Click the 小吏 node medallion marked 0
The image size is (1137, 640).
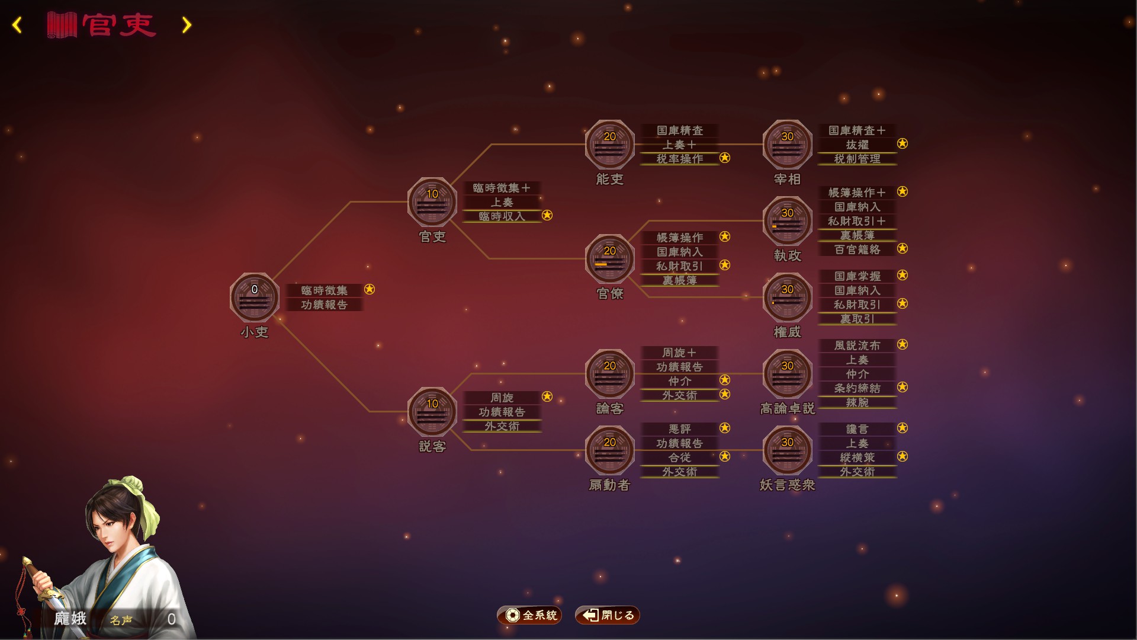(x=255, y=297)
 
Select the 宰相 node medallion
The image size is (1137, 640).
(x=788, y=145)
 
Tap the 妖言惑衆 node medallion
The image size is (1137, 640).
(x=788, y=450)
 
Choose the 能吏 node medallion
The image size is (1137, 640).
(x=610, y=145)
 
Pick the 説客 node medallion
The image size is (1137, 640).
(x=432, y=412)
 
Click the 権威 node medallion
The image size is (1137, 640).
(x=788, y=297)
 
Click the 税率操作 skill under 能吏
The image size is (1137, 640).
(x=680, y=159)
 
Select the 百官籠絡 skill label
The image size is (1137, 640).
(x=857, y=249)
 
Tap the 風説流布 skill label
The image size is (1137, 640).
(x=857, y=345)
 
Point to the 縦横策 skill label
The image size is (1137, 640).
(x=857, y=457)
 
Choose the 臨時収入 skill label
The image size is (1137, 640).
(x=502, y=216)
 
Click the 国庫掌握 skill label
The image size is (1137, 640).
(x=857, y=276)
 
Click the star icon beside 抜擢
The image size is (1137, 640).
(x=902, y=143)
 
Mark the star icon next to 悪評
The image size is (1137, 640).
(x=725, y=428)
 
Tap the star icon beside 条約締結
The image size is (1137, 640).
(x=902, y=387)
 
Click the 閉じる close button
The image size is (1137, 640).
(x=608, y=615)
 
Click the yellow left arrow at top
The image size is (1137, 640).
(x=17, y=25)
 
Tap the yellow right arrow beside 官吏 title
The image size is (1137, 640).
(x=187, y=25)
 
